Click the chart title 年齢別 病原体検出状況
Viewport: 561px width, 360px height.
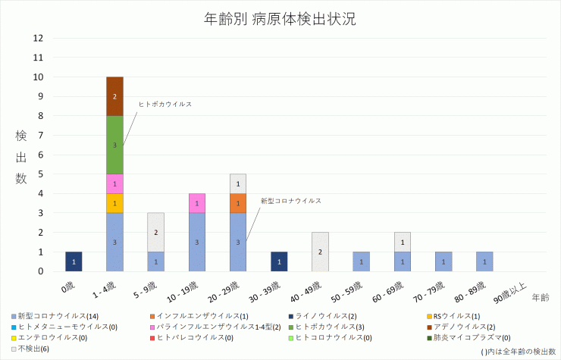(x=280, y=19)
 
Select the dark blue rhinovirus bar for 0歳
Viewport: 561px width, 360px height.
(x=74, y=261)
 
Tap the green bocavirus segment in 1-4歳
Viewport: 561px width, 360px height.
(x=114, y=145)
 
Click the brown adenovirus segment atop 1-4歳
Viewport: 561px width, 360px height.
(x=114, y=96)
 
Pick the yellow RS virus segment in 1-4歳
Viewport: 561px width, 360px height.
(x=114, y=203)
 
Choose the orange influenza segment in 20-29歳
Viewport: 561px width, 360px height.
(x=237, y=203)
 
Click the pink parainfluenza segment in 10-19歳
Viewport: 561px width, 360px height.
(x=196, y=203)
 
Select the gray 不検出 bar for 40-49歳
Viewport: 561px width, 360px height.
(x=320, y=252)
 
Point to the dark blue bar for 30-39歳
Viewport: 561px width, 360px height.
(x=279, y=261)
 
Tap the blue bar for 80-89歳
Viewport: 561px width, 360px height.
(x=484, y=261)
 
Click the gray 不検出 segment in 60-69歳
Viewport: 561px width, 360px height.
(x=402, y=242)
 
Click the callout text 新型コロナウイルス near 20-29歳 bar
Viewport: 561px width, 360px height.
(x=290, y=201)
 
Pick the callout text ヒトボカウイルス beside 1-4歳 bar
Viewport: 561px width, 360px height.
(x=165, y=104)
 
